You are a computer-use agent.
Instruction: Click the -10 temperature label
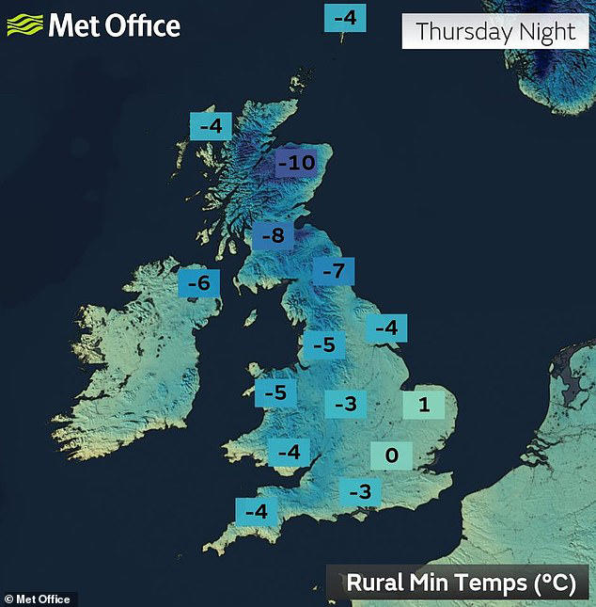click(x=296, y=164)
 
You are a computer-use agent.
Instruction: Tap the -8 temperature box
click(x=272, y=235)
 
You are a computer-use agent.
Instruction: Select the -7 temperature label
click(x=334, y=272)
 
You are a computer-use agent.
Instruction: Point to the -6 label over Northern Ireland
click(x=198, y=281)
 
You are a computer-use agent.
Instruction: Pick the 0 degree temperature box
click(x=392, y=456)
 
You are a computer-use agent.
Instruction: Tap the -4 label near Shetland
click(x=346, y=18)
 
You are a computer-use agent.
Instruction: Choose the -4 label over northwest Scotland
click(x=211, y=126)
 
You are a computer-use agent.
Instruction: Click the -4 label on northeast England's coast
click(x=386, y=328)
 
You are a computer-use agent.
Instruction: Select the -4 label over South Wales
click(x=289, y=453)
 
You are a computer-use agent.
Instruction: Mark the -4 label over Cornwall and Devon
click(x=256, y=513)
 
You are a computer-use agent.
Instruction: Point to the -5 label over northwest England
click(x=322, y=345)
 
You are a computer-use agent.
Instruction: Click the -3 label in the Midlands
click(x=346, y=404)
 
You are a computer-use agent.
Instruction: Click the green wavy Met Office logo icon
click(x=25, y=24)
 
